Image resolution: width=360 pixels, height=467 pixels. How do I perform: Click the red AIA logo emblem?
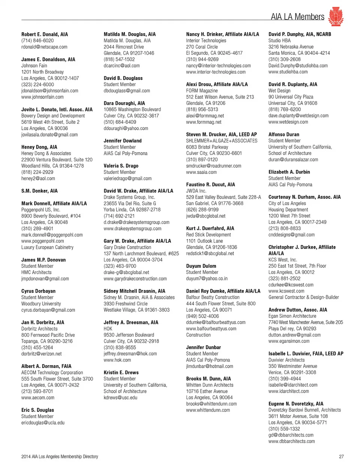tap(335, 17)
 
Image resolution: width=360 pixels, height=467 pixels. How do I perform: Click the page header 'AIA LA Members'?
tap(297, 17)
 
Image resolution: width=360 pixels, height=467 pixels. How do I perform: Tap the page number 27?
tap(341, 456)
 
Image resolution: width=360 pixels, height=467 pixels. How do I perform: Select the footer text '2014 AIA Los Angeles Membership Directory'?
tap(60, 456)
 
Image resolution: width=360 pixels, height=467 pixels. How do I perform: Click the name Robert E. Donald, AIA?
tap(45, 34)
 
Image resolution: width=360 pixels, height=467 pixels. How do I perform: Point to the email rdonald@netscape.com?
tap(44, 47)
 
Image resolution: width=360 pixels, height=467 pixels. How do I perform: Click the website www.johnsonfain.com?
tap(42, 97)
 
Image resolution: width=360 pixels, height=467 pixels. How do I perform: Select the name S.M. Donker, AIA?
tap(39, 191)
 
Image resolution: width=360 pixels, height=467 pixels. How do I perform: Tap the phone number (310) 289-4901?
tap(37, 228)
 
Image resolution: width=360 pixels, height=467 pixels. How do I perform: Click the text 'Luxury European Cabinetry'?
tap(47, 247)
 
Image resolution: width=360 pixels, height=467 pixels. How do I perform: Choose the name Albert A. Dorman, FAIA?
tap(46, 366)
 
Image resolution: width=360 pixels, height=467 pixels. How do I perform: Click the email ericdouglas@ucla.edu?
tap(43, 423)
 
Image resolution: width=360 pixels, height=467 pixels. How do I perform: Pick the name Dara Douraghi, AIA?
tap(124, 103)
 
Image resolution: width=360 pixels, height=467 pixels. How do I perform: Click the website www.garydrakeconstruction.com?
tap(135, 279)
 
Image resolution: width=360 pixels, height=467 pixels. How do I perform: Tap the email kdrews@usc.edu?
tap(120, 398)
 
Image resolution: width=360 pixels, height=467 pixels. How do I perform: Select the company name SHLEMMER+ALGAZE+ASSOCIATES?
tap(222, 141)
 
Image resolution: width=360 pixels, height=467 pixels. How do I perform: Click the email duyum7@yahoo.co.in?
tap(207, 279)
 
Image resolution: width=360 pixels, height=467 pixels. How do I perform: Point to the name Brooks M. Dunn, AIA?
tap(208, 379)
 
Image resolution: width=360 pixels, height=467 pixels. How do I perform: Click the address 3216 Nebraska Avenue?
tap(291, 47)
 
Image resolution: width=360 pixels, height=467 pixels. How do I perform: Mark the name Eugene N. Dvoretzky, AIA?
tap(295, 404)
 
